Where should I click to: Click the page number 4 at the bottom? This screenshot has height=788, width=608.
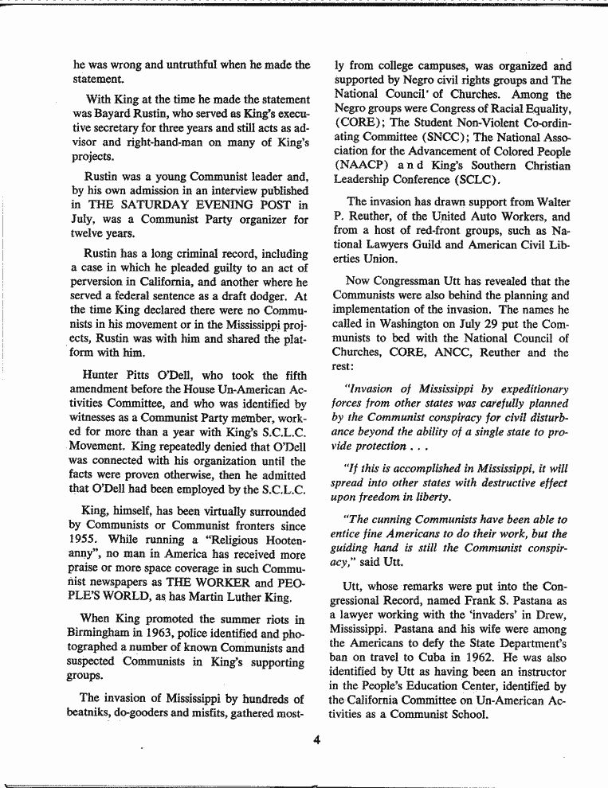pyautogui.click(x=316, y=739)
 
